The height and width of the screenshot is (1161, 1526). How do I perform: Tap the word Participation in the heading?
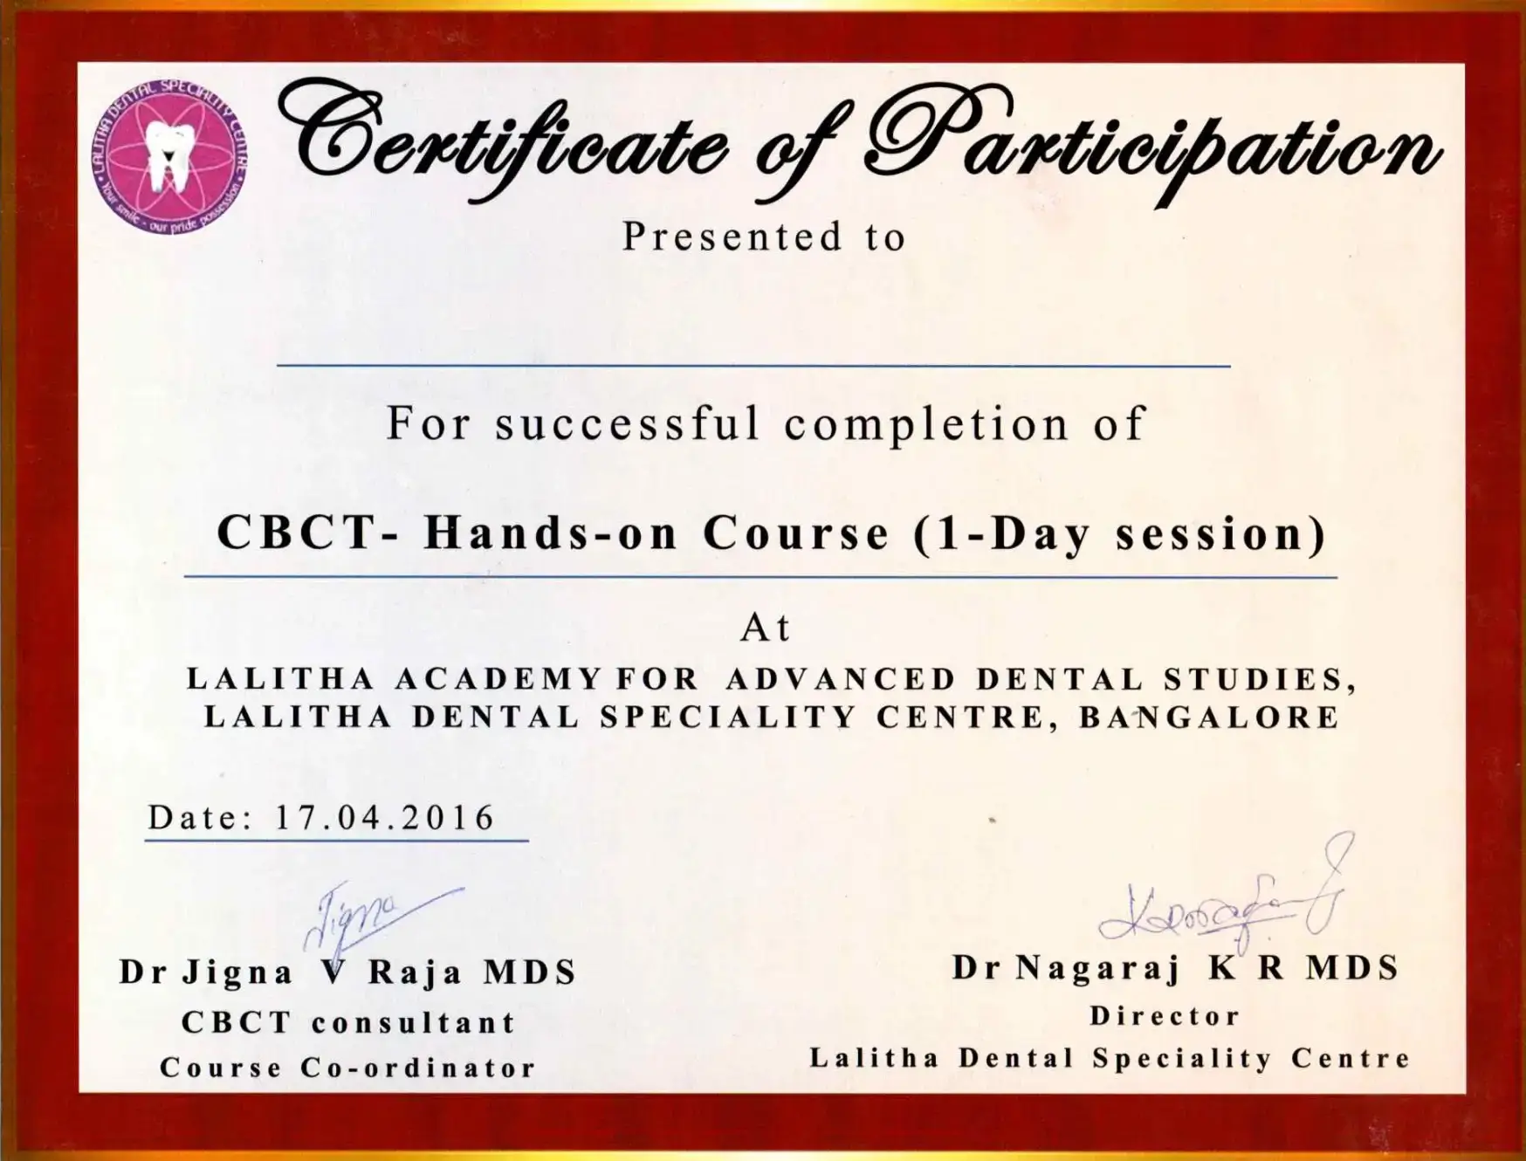[1152, 144]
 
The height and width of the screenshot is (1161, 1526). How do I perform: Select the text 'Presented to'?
[764, 237]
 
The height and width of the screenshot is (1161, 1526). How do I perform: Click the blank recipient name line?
[753, 366]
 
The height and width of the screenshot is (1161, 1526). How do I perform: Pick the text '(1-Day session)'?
[1120, 533]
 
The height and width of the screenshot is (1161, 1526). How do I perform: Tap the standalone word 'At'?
[766, 628]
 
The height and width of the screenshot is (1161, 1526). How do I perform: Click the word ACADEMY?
[498, 678]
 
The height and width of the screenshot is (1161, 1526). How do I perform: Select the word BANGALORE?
[1209, 717]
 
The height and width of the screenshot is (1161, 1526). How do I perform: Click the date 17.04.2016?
[385, 817]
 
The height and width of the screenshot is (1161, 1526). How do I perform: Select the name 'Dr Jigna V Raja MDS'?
[347, 972]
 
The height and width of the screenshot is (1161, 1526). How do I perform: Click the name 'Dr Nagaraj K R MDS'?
[1175, 967]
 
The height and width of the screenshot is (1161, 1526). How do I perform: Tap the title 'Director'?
[1165, 1016]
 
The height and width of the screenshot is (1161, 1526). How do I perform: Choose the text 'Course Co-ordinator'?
[347, 1068]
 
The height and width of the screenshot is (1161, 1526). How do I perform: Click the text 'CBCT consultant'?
[348, 1022]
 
